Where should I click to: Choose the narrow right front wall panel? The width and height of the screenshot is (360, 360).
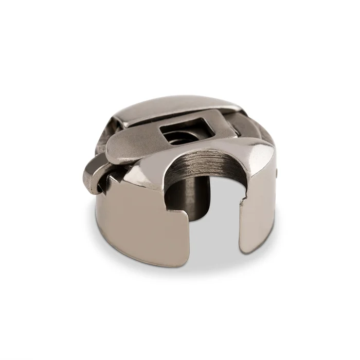pyautogui.click(x=260, y=216)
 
